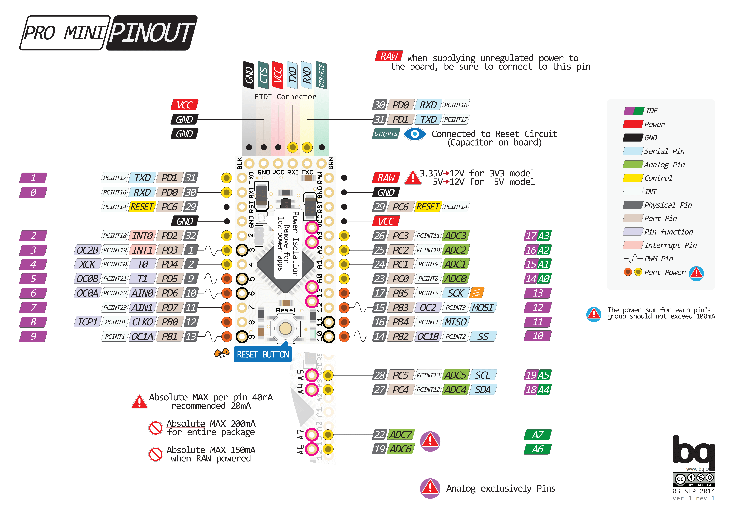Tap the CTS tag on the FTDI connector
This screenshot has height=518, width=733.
click(x=263, y=75)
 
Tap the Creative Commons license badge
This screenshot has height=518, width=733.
click(x=694, y=479)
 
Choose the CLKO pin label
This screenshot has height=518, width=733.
click(x=142, y=322)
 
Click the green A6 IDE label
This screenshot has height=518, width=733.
click(x=538, y=449)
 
